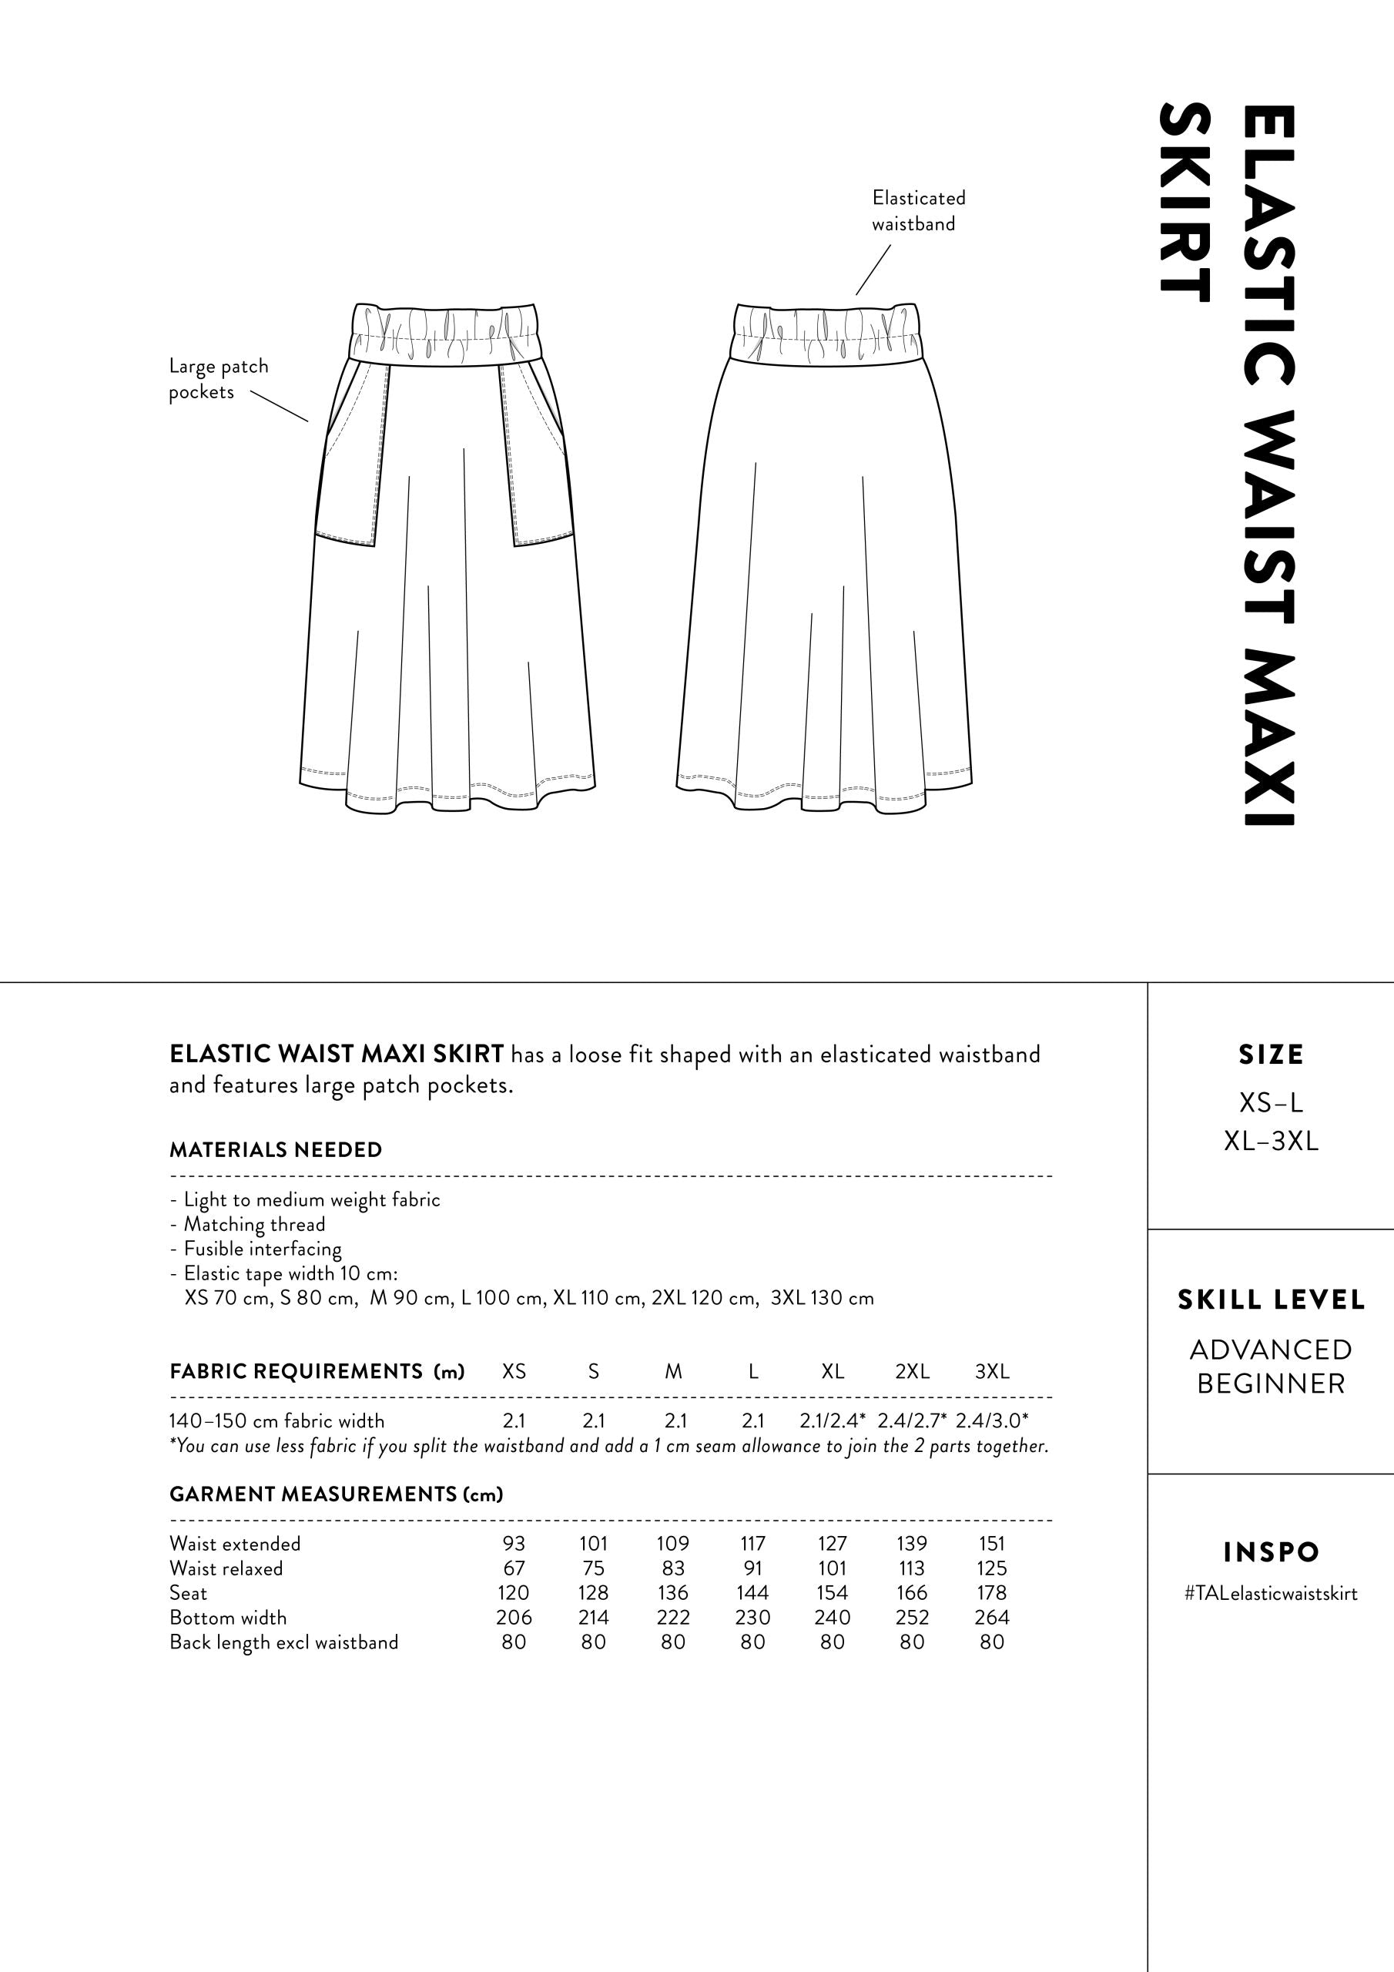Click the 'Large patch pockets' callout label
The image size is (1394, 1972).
218,379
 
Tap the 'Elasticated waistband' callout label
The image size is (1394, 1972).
918,210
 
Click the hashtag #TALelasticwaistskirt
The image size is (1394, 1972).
1270,1594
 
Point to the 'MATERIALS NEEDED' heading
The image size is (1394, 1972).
276,1150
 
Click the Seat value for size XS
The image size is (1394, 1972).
514,1593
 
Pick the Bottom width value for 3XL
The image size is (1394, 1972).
991,1618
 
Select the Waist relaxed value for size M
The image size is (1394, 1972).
672,1568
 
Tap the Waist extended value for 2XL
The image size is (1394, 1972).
911,1544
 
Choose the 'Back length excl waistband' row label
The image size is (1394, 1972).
283,1643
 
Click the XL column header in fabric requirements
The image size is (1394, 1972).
833,1372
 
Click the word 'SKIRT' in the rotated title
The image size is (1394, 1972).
1185,203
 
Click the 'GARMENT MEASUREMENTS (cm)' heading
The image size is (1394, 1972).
336,1494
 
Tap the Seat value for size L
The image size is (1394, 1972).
752,1593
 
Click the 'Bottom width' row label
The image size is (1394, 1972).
228,1618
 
